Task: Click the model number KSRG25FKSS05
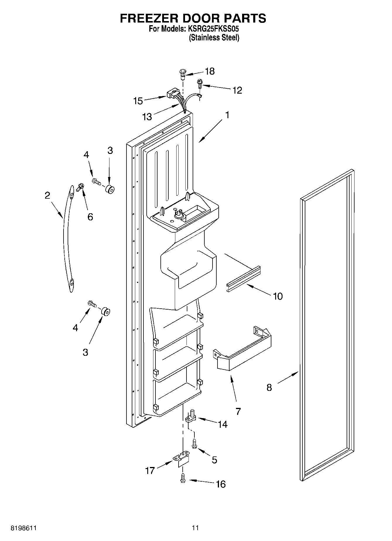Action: coord(215,29)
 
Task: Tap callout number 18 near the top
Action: coord(210,71)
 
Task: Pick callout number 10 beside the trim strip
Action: coord(278,296)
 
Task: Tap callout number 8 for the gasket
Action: coord(269,387)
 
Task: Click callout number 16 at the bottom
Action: coord(221,484)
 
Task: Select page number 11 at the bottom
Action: coord(195,528)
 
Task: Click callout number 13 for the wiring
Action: coord(147,117)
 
